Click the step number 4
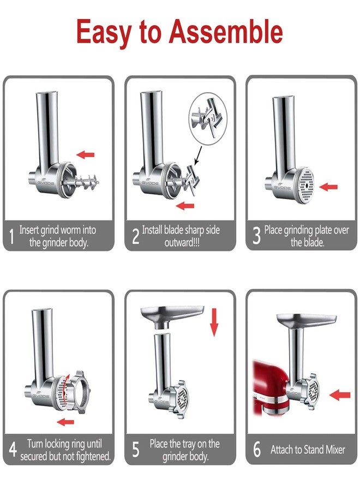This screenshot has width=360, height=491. (x=11, y=450)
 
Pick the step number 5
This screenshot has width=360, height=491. (x=136, y=450)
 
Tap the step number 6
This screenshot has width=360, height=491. (x=256, y=450)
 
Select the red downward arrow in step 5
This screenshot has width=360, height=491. (x=214, y=321)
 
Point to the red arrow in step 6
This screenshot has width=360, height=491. (x=340, y=394)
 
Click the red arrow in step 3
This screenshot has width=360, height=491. (x=328, y=187)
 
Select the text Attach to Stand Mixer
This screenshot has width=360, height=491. (x=307, y=450)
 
